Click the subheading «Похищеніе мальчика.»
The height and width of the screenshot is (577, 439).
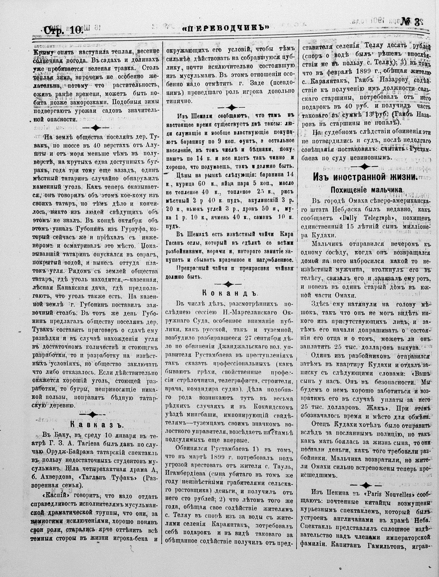coord(367,190)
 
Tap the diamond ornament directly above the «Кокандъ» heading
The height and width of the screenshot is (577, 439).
coord(228,283)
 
